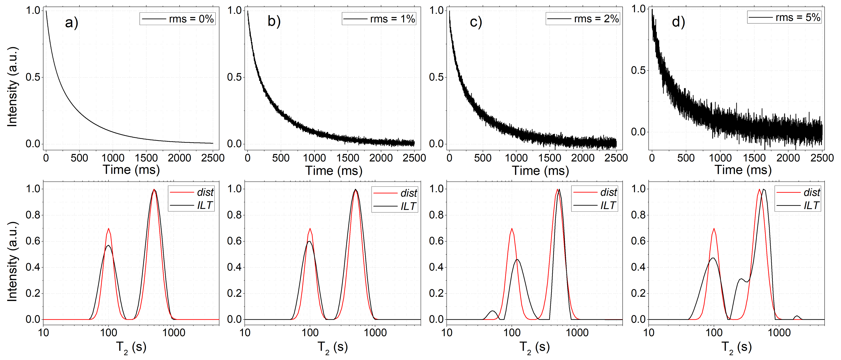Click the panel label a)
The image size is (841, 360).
71,23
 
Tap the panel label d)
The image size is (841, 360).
678,22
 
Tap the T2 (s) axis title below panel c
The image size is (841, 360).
534,347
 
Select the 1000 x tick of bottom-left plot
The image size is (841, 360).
174,333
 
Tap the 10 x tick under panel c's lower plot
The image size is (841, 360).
447,333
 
